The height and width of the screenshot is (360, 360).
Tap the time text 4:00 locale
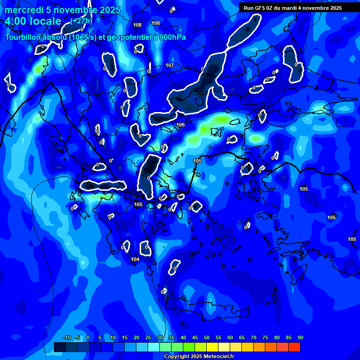pyautogui.click(x=33, y=21)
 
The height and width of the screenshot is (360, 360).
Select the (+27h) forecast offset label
pyautogui.click(x=81, y=21)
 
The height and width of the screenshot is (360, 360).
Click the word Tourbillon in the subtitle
pyautogui.click(x=25, y=37)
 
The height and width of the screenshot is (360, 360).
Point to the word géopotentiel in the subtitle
pyautogui.click(x=126, y=37)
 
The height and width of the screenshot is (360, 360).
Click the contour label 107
pyautogui.click(x=170, y=65)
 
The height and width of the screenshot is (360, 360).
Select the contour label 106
pyautogui.click(x=180, y=125)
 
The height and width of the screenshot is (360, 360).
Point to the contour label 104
pyautogui.click(x=135, y=259)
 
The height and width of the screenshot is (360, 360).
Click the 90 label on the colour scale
pyautogui.click(x=300, y=337)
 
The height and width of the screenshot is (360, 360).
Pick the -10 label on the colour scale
pyautogui.click(x=67, y=337)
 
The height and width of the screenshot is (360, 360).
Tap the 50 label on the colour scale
pyautogui.click(x=206, y=337)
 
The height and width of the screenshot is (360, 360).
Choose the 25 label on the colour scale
pyautogui.click(x=148, y=337)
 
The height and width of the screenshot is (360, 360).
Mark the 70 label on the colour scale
pyautogui.click(x=253, y=337)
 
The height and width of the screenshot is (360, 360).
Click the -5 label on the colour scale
pyautogui.click(x=77, y=337)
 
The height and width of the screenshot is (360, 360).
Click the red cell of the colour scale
pyautogui.click(x=294, y=347)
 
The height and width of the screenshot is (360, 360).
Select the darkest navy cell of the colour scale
pyautogui.click(x=60, y=347)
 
